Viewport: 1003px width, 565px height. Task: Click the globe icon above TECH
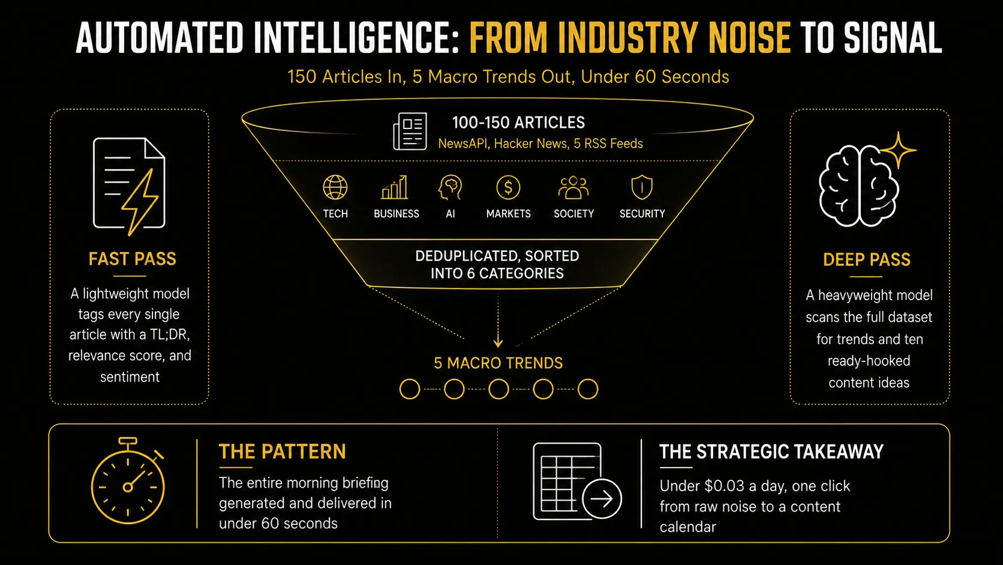click(335, 187)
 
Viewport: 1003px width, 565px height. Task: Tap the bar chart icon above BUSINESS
click(395, 187)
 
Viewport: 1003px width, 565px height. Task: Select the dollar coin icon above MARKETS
click(508, 187)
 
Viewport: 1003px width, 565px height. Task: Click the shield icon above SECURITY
click(642, 187)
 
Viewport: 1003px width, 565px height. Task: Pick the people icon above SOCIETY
click(573, 187)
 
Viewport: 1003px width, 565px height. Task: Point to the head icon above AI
click(450, 187)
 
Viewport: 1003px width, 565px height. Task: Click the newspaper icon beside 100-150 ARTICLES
click(410, 131)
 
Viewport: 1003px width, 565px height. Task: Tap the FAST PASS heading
click(132, 259)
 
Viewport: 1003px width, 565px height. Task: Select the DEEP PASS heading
click(866, 260)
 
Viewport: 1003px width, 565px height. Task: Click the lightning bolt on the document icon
click(139, 202)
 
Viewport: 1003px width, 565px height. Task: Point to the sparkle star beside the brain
click(898, 150)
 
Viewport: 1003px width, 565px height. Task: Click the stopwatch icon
click(128, 481)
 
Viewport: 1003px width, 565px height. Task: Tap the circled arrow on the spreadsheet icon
click(601, 498)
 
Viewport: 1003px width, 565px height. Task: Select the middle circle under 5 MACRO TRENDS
click(499, 389)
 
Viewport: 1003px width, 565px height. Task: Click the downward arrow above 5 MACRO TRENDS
click(498, 321)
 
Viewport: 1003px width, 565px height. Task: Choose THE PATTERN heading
click(282, 452)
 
